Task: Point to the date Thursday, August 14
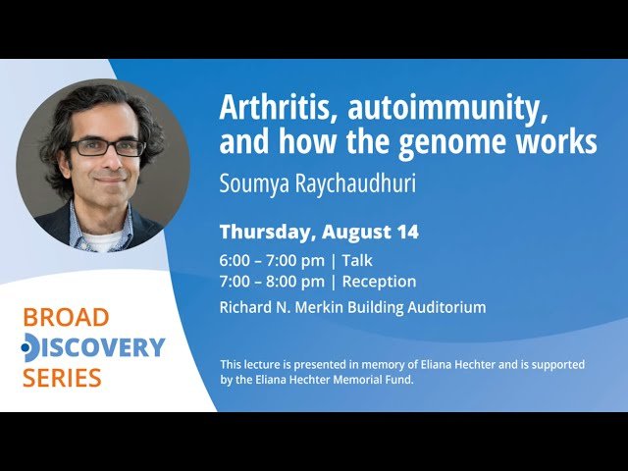coord(319,233)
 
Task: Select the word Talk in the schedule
coord(357,260)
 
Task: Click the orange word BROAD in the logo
coord(66,318)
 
